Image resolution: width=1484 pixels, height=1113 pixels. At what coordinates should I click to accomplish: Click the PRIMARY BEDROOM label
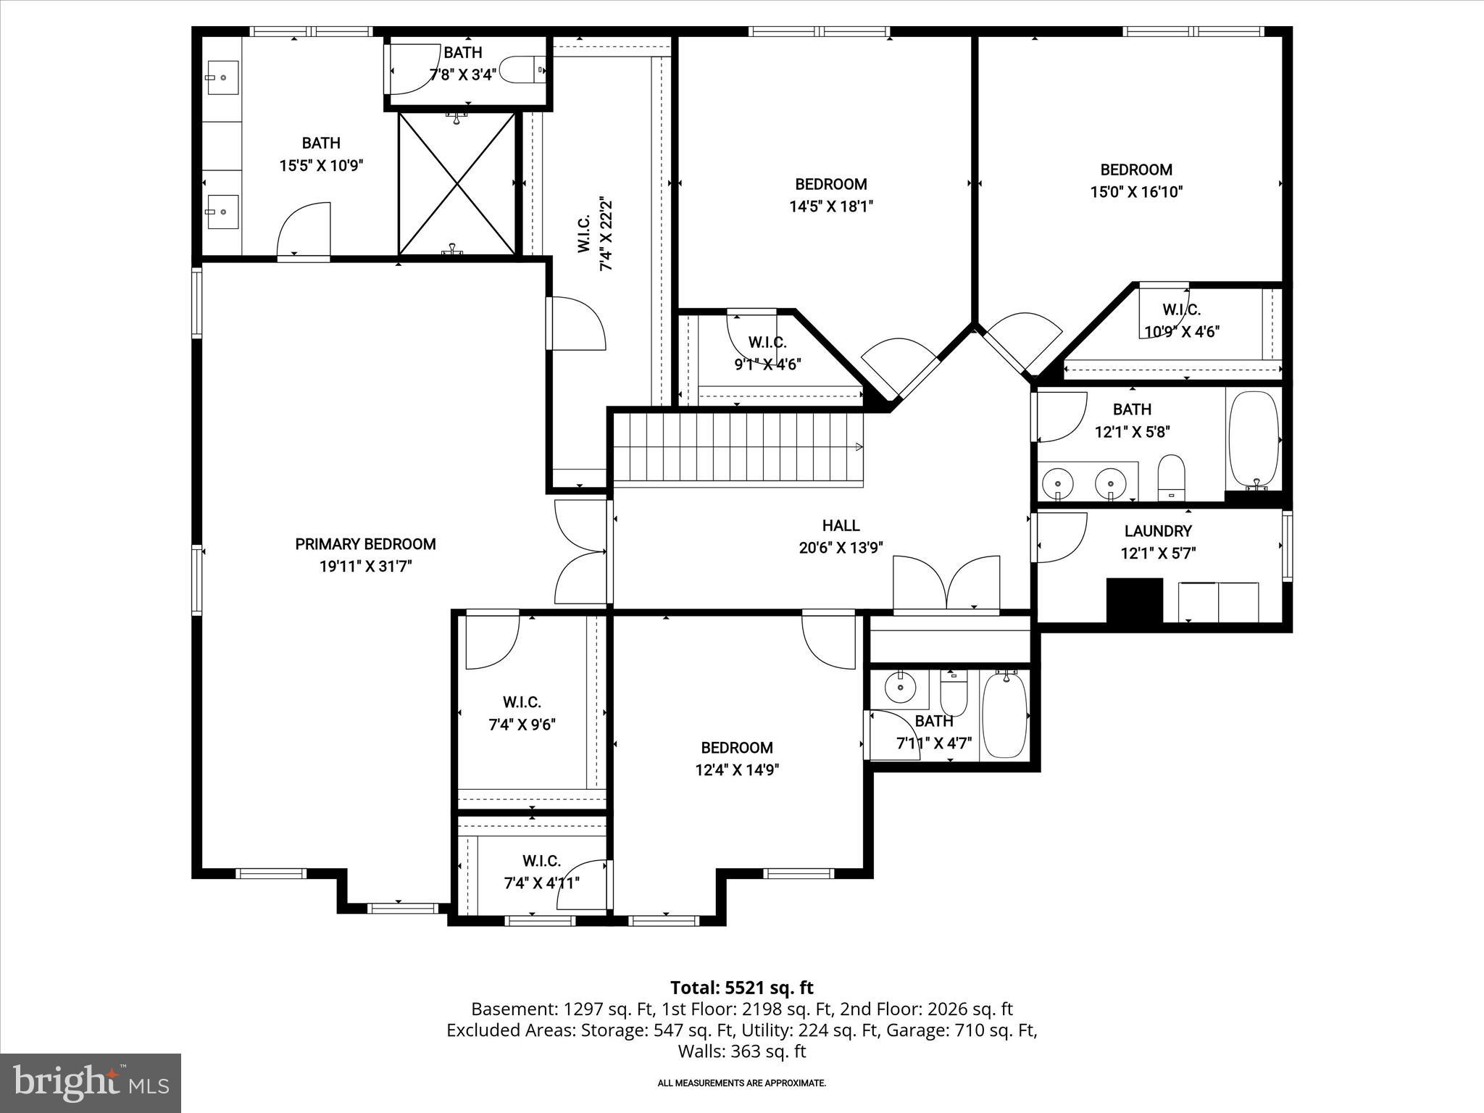365,544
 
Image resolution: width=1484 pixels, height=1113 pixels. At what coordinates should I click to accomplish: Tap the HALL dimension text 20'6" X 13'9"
841,549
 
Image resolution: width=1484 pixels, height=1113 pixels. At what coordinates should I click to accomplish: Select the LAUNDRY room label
1157,531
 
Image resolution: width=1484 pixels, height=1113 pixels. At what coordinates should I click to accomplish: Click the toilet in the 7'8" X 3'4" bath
522,70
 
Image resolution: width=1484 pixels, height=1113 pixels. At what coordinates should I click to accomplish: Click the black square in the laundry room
1134,600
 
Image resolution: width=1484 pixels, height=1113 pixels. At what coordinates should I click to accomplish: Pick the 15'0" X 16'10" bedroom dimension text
1135,192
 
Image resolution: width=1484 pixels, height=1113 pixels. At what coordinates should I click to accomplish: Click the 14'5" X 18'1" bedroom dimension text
830,207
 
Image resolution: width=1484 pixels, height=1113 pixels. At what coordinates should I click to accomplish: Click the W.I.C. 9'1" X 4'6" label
767,353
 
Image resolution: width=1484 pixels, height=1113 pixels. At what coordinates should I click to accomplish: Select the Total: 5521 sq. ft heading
741,988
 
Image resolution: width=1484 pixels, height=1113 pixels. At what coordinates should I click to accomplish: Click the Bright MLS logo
91,1083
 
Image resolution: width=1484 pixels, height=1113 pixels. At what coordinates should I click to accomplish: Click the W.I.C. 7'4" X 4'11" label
541,872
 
